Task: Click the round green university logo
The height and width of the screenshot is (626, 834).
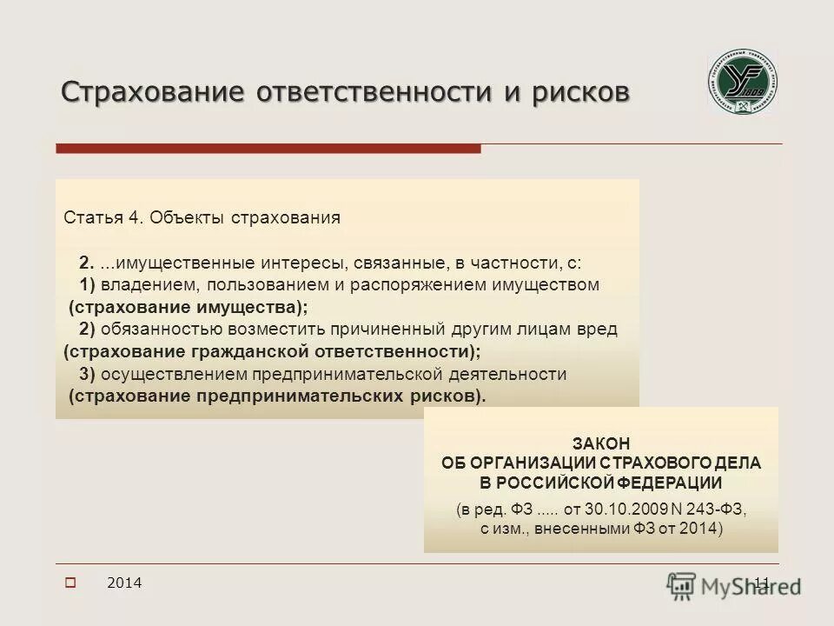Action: click(x=742, y=83)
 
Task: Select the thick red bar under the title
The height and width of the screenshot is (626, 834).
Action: click(x=268, y=149)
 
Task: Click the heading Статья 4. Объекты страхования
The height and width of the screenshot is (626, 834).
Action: click(x=202, y=217)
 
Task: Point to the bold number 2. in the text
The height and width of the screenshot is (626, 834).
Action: click(x=85, y=263)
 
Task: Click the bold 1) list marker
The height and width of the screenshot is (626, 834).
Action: click(x=87, y=285)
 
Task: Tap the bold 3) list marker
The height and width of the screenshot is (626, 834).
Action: click(x=87, y=374)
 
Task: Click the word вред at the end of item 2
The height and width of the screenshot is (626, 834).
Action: click(x=600, y=330)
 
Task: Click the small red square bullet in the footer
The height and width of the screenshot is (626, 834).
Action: click(x=71, y=583)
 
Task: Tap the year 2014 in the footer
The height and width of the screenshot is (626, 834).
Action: click(x=124, y=583)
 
